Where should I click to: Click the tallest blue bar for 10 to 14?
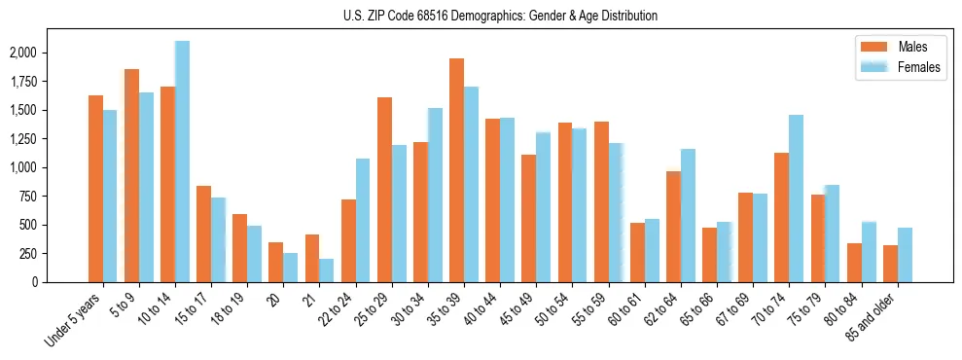tap(182, 162)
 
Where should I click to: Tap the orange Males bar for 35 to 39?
tap(456, 170)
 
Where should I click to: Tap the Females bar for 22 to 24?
tap(363, 220)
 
